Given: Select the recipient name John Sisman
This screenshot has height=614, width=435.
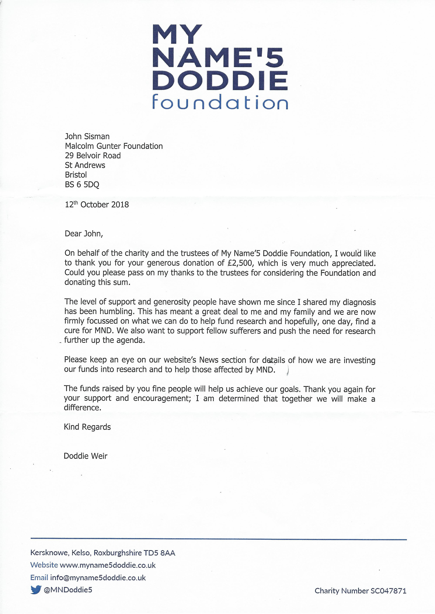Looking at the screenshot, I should (87, 137).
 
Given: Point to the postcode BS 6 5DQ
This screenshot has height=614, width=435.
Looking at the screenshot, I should (82, 185).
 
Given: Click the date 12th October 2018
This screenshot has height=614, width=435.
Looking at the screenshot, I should (97, 205).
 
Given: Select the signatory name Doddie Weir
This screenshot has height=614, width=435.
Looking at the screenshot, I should (85, 456).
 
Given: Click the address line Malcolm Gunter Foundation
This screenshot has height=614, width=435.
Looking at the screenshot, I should (114, 146).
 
